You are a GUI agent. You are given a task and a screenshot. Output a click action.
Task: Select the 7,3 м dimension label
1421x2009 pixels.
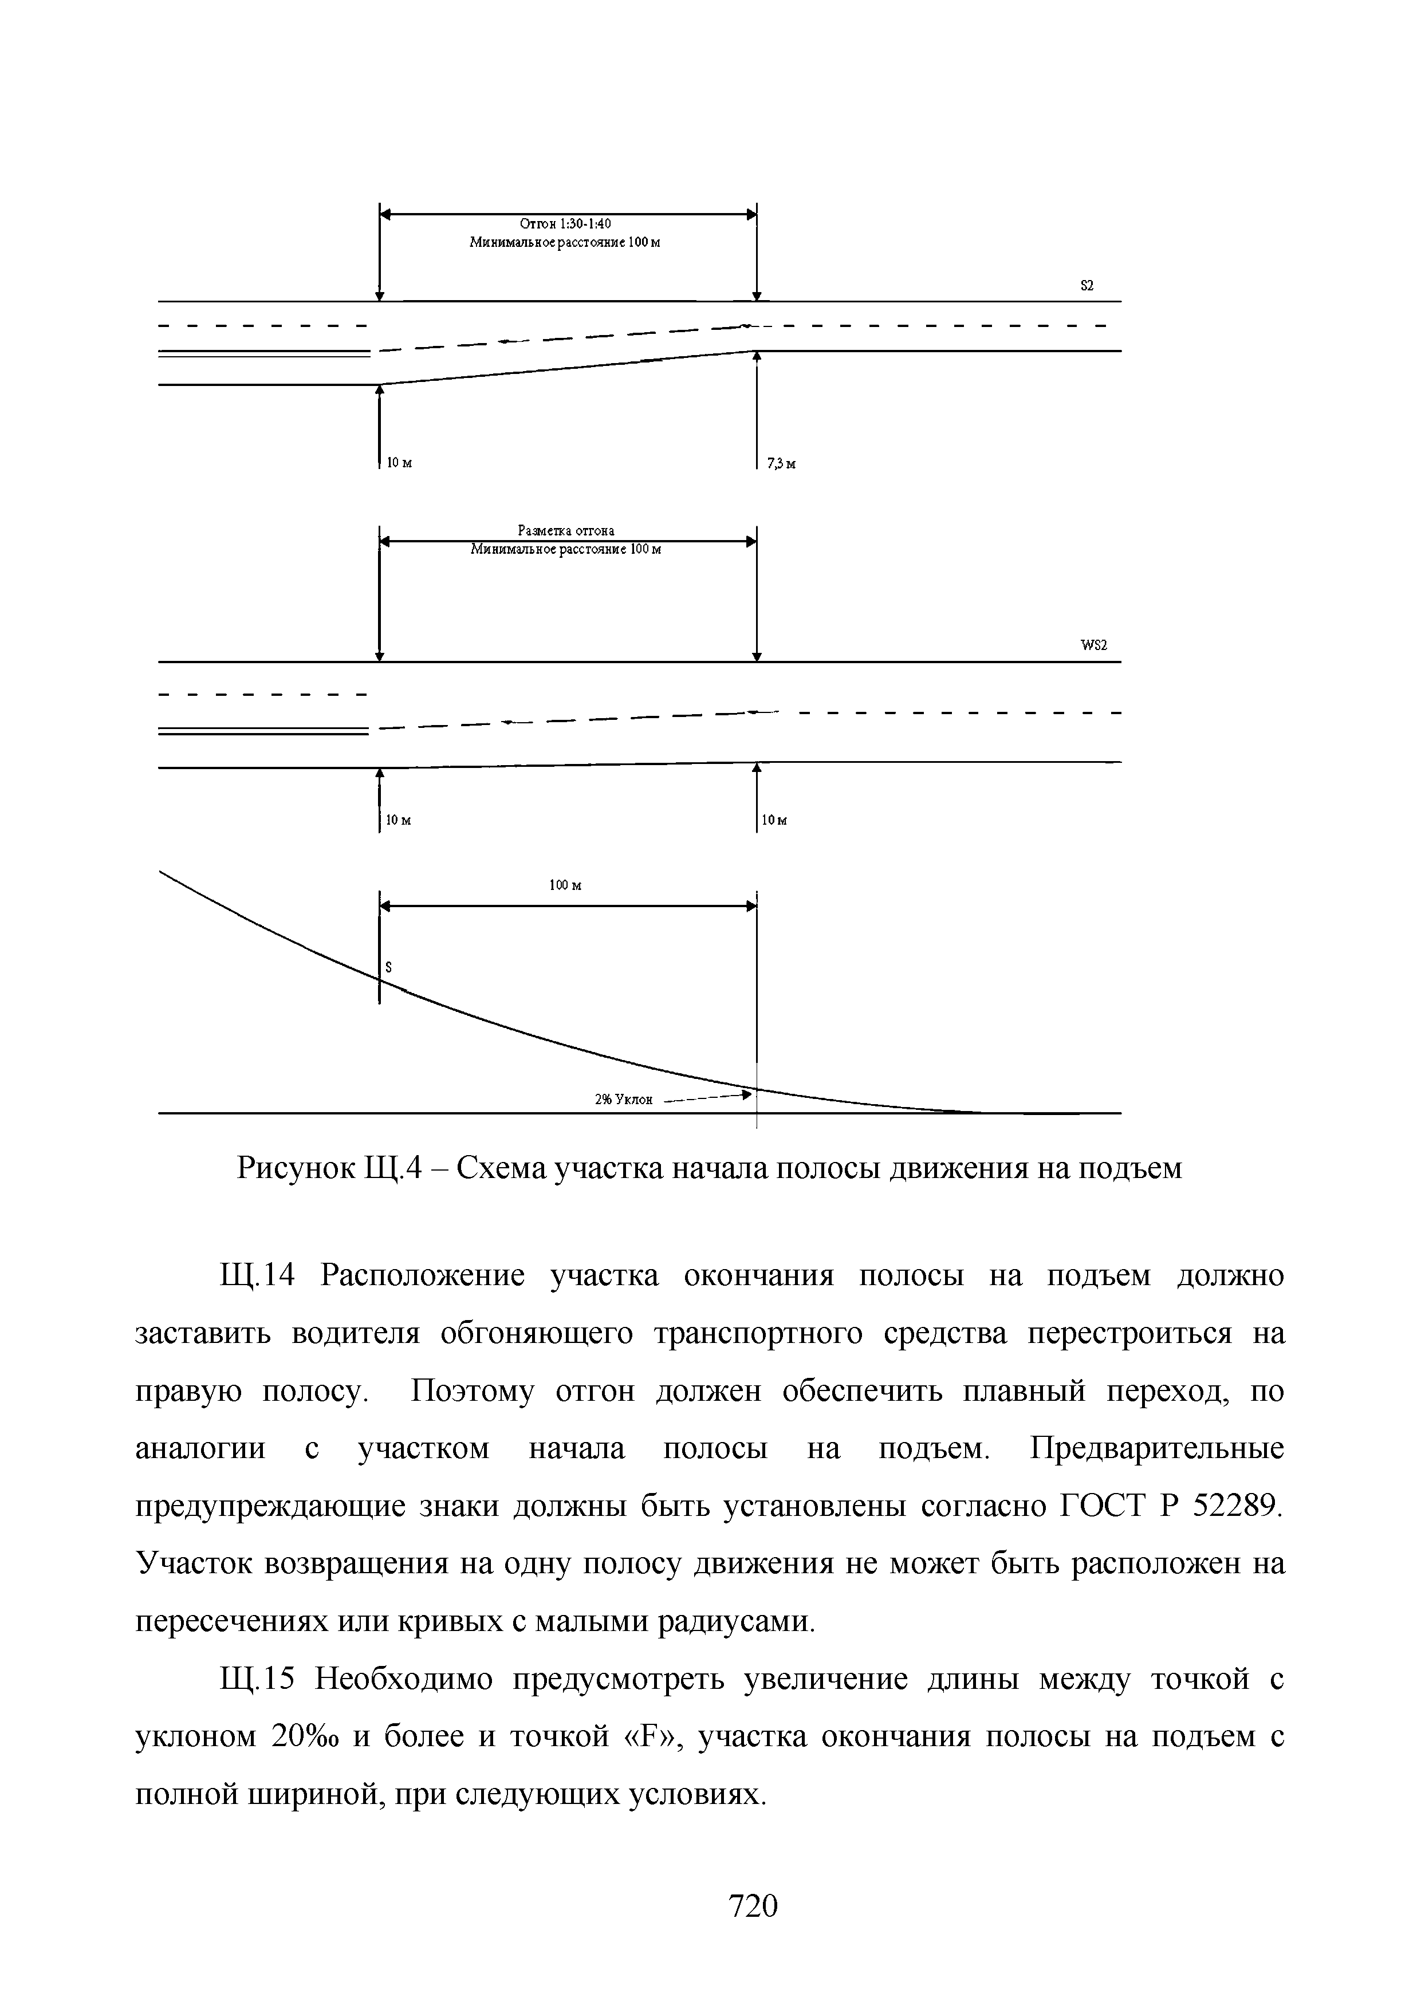(781, 464)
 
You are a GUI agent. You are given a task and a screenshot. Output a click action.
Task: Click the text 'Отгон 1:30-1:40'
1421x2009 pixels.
(565, 224)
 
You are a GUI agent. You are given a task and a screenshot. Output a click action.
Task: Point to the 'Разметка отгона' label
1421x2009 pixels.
(566, 530)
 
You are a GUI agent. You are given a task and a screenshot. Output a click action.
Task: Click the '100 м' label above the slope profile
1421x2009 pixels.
(565, 885)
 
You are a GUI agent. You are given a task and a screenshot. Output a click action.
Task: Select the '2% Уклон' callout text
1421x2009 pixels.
(624, 1100)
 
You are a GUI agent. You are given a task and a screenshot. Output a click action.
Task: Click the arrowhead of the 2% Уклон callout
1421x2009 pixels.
(746, 1094)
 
